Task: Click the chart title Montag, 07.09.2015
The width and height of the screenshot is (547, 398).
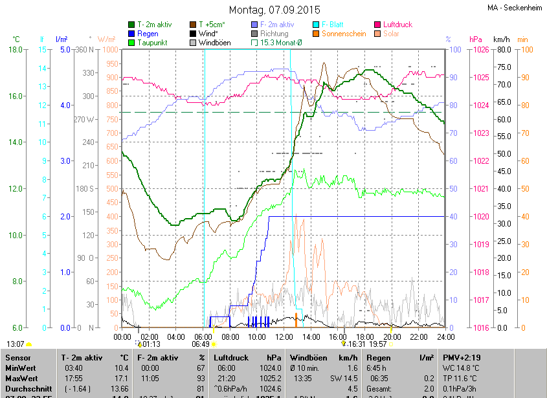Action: click(x=274, y=10)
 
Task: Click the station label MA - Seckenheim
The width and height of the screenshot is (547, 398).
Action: click(x=516, y=8)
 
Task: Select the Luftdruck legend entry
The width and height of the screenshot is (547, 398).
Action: click(x=397, y=25)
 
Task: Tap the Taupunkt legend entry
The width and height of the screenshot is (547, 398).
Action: click(x=153, y=43)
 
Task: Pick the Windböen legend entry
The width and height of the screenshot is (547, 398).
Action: click(x=214, y=43)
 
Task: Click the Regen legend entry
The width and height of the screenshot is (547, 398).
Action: click(x=148, y=34)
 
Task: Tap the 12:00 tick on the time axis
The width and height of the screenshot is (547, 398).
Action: click(x=284, y=337)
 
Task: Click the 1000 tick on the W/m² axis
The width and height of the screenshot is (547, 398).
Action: click(x=110, y=50)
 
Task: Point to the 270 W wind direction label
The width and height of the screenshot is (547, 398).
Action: click(x=85, y=119)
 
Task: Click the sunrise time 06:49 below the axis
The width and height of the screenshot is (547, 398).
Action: click(x=200, y=344)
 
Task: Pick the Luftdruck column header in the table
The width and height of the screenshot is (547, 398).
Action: click(x=230, y=357)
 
